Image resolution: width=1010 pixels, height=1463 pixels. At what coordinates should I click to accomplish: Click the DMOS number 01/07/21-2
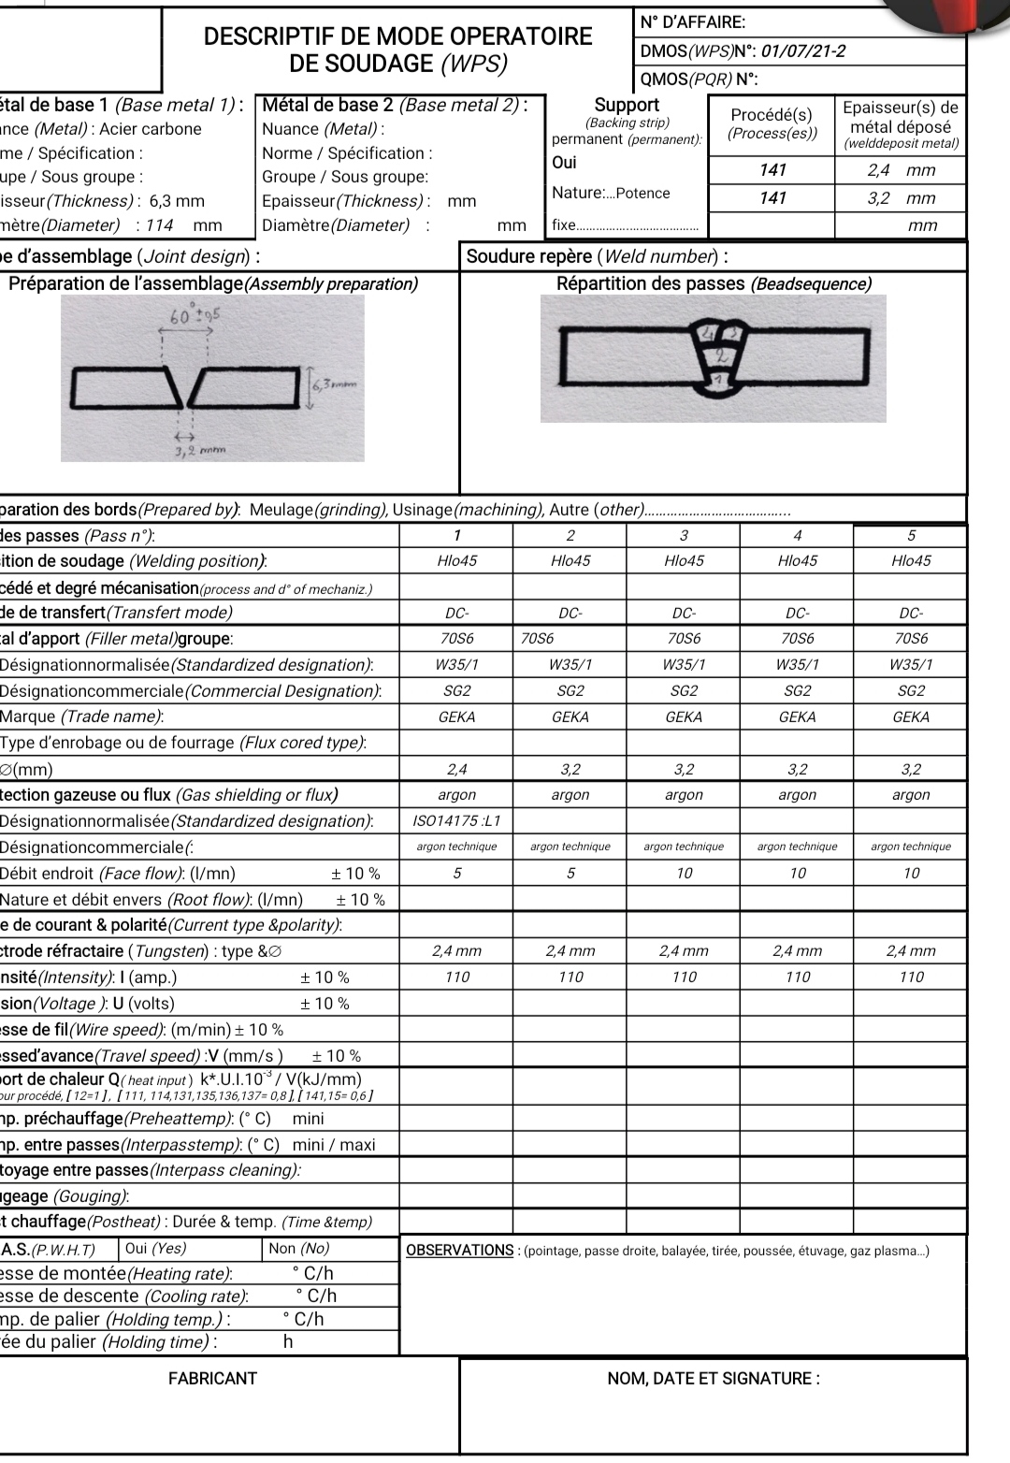pyautogui.click(x=803, y=51)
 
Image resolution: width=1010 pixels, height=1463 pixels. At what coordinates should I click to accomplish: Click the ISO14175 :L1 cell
pyautogui.click(x=456, y=820)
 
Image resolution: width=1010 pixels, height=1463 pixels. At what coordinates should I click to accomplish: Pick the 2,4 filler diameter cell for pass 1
pyautogui.click(x=456, y=769)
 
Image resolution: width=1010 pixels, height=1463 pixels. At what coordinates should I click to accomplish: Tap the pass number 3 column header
pyautogui.click(x=684, y=535)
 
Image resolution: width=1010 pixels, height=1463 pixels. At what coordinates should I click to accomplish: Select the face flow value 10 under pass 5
pyautogui.click(x=911, y=873)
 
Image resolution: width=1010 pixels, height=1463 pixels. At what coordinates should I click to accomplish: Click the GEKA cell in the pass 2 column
pyautogui.click(x=570, y=717)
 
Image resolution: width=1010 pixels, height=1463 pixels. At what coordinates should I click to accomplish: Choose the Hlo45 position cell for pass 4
pyautogui.click(x=797, y=561)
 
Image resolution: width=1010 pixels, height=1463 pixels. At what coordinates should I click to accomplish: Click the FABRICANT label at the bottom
pyautogui.click(x=212, y=1378)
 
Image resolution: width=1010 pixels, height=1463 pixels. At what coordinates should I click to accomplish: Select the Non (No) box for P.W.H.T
pyautogui.click(x=298, y=1249)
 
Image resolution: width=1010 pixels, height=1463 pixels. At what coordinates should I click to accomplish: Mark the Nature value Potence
pyautogui.click(x=642, y=194)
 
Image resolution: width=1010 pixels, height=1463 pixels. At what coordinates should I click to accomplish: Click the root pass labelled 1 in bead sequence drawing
pyautogui.click(x=717, y=380)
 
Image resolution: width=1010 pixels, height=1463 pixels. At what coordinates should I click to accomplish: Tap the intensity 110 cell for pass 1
pyautogui.click(x=456, y=977)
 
